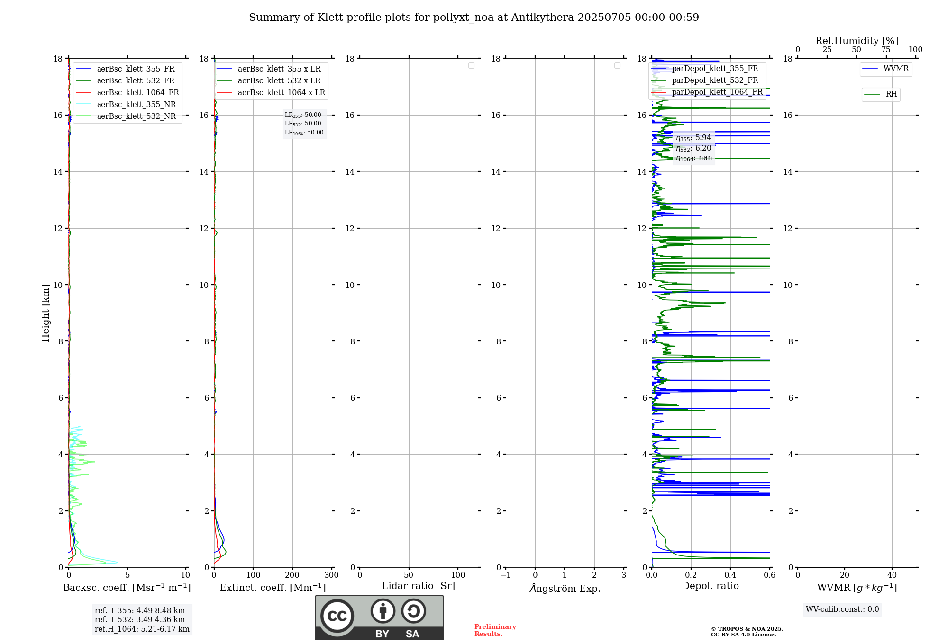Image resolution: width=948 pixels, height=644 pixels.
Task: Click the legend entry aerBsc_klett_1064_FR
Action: point(138,93)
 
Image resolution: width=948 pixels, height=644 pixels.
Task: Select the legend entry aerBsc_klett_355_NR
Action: point(136,105)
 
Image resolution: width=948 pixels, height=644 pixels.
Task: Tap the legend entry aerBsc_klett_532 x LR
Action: point(279,81)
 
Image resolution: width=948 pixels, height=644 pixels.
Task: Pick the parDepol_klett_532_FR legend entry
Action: point(715,80)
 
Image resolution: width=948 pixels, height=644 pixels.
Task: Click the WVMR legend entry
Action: point(896,69)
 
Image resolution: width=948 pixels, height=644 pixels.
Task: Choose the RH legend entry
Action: point(891,94)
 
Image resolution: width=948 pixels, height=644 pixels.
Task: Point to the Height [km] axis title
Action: point(46,313)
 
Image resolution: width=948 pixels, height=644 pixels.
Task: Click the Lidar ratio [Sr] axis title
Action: point(419,586)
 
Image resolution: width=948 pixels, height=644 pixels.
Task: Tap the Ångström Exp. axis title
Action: point(565,589)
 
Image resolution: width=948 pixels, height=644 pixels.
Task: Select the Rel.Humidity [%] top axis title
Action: point(857,41)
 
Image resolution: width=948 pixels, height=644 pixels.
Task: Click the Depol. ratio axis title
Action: point(710,586)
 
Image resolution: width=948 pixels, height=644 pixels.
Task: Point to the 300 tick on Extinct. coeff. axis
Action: point(332,575)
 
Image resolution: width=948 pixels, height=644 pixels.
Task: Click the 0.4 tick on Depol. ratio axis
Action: point(730,575)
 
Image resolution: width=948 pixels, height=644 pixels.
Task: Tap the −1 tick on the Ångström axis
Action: point(506,575)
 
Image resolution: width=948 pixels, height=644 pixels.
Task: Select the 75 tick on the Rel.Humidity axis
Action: point(886,50)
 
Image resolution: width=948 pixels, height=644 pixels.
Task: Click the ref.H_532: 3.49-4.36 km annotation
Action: point(140,620)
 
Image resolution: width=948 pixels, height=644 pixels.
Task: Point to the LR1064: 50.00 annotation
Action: point(304,133)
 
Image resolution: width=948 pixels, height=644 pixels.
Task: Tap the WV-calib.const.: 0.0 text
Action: point(842,609)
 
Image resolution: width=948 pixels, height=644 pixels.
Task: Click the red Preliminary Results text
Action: point(495,630)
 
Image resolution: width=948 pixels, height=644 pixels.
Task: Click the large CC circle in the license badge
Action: point(337,616)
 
